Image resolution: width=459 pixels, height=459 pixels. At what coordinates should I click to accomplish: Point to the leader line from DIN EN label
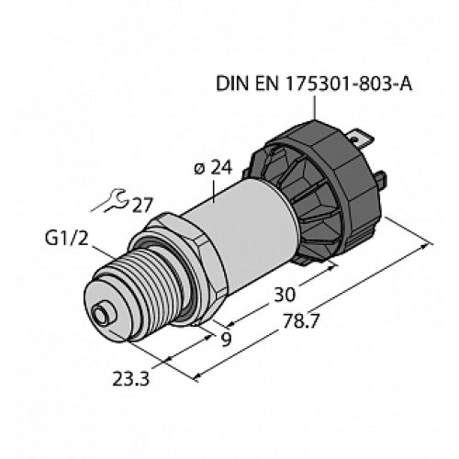(x=317, y=108)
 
